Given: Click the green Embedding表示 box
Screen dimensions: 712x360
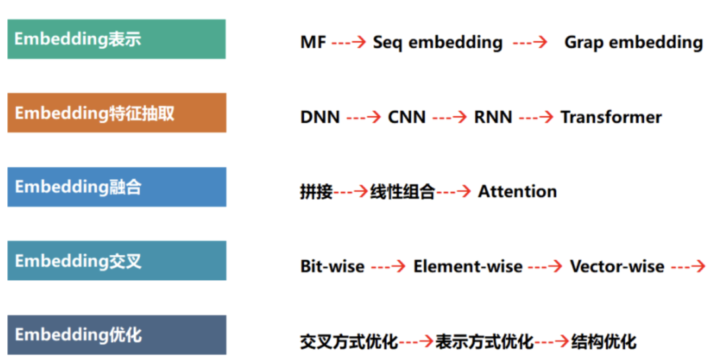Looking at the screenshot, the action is coord(117,39).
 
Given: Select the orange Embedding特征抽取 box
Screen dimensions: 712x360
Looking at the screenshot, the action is coord(117,113).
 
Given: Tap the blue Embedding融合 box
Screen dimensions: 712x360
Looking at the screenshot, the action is coord(117,187).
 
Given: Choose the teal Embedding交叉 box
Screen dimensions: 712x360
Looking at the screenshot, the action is coord(117,260).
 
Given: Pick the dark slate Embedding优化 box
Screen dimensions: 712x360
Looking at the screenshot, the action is coord(117,335).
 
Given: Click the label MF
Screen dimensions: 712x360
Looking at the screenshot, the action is coord(313,42).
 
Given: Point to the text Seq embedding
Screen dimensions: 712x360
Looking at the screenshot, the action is coord(438,43).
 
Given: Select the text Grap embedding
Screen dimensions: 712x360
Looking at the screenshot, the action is coord(634,43).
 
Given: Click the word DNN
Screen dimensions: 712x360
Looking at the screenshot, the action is coord(320,117).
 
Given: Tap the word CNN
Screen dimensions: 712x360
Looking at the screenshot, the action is coord(407,117).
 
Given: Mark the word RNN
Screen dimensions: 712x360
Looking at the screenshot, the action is coord(493,117).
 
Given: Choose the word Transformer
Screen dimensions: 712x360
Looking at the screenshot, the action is coord(611,117).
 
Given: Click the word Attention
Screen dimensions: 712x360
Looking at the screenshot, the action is coord(518,192).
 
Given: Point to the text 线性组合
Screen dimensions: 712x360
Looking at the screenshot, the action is coord(403,192).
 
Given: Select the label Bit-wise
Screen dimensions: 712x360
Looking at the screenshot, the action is coord(332,266).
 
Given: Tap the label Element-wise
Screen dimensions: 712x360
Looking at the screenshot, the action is coord(467,266).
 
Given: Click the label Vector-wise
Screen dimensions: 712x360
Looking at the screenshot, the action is coord(617,266).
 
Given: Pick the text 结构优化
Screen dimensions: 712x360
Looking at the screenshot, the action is coord(604,342).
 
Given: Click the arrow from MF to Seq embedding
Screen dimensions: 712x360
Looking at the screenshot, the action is coord(349,42).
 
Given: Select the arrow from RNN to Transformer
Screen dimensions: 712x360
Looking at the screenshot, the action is coord(536,117).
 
